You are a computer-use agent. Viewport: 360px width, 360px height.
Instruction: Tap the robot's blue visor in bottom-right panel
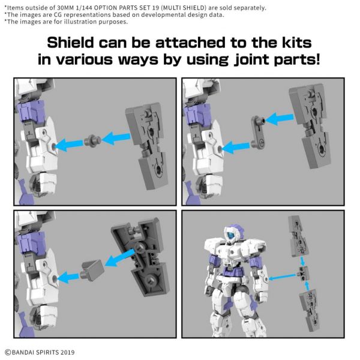pos(227,238)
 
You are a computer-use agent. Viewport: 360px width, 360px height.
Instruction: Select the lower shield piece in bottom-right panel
pos(306,306)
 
